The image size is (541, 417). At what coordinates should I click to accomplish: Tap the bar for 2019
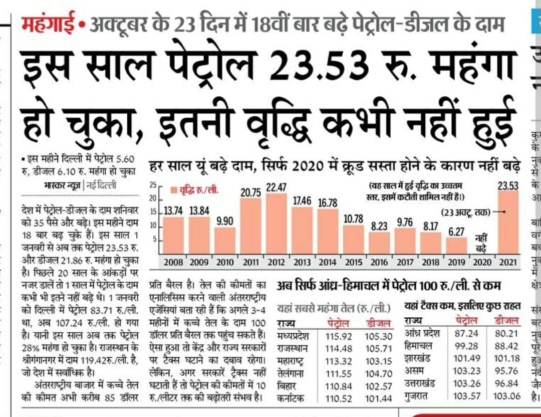(456, 246)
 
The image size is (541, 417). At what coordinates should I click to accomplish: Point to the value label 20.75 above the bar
(250, 192)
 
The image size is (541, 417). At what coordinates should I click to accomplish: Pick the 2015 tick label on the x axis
(353, 262)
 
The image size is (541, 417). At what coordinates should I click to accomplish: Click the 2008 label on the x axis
(173, 262)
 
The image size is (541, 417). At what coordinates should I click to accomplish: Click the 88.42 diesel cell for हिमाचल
(506, 346)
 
